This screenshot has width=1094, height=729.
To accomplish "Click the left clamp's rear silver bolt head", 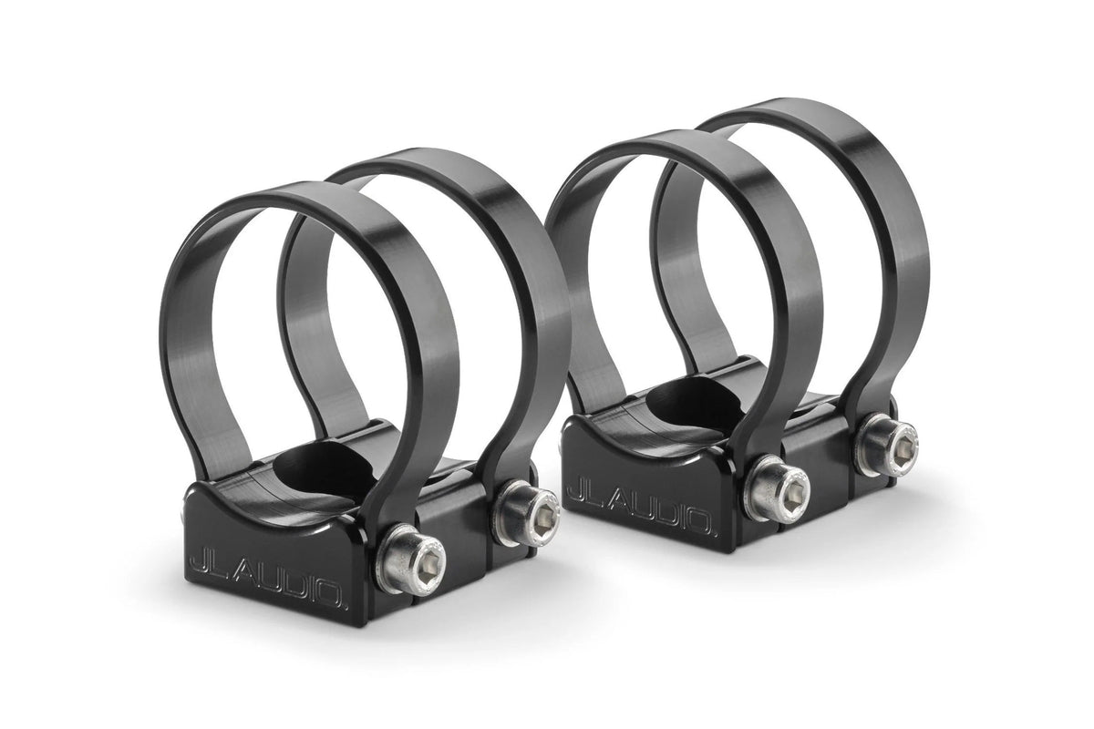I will (526, 507).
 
